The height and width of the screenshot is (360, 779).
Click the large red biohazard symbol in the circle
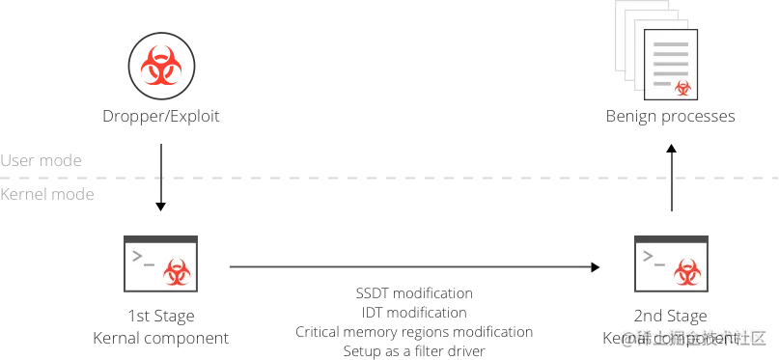[x=160, y=67]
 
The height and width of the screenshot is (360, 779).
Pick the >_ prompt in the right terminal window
[x=654, y=257]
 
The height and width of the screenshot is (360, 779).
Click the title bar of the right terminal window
[x=671, y=237]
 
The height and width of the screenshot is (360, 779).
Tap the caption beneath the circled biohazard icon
[x=161, y=116]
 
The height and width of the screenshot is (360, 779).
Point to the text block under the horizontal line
[x=413, y=318]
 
